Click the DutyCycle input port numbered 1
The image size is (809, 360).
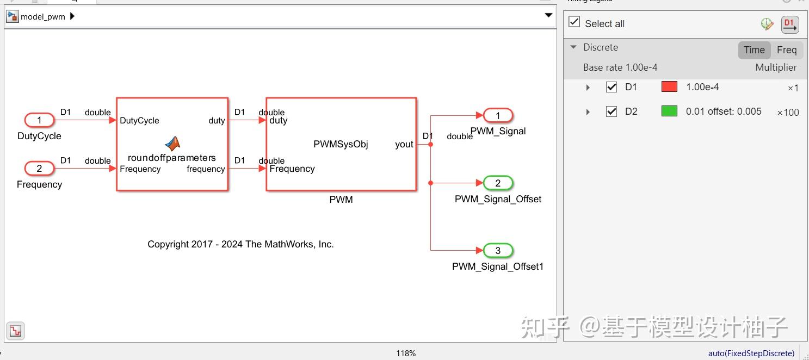39,120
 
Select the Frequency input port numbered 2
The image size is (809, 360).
39,169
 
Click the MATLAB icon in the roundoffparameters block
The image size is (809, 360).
172,144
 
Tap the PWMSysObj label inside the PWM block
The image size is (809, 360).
341,144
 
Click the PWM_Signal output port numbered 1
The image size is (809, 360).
498,115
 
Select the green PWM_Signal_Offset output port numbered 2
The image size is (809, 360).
498,183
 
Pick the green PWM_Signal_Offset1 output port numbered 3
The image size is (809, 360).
498,251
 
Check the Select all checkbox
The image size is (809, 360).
574,22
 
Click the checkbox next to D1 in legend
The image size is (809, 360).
612,87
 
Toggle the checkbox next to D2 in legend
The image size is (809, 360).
612,111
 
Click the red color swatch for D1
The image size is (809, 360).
669,87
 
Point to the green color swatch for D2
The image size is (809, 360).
669,111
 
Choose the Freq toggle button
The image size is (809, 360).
786,50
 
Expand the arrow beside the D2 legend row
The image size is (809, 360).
588,112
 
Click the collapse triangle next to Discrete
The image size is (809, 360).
573,47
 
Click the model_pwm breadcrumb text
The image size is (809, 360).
42,17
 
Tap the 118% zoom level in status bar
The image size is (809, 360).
406,353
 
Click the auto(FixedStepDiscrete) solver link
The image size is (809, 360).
751,353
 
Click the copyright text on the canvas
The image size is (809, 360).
240,245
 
